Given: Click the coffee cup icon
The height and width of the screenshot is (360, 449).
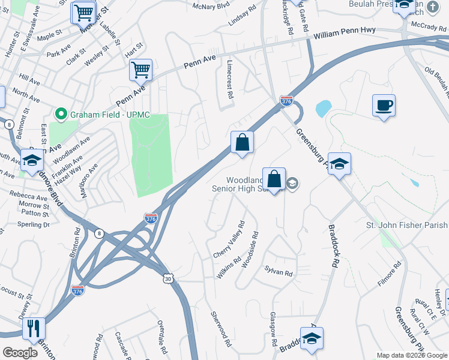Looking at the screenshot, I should point(384,106).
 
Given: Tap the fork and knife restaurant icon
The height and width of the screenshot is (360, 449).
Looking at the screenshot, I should point(34,328).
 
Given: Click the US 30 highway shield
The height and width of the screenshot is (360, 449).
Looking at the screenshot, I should point(168,278).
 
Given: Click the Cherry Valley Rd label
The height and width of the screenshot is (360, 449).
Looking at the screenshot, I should point(229,240).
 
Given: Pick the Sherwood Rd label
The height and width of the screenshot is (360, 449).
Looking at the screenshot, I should point(220,329).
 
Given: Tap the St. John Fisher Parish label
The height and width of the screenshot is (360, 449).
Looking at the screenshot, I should point(407,225).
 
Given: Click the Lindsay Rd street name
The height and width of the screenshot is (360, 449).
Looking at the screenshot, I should point(242,16).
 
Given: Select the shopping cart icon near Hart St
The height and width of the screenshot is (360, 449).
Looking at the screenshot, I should point(140,70).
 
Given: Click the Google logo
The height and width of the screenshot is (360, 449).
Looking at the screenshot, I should point(20,353).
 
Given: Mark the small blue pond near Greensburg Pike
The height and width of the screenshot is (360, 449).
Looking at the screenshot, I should point(323,108).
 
